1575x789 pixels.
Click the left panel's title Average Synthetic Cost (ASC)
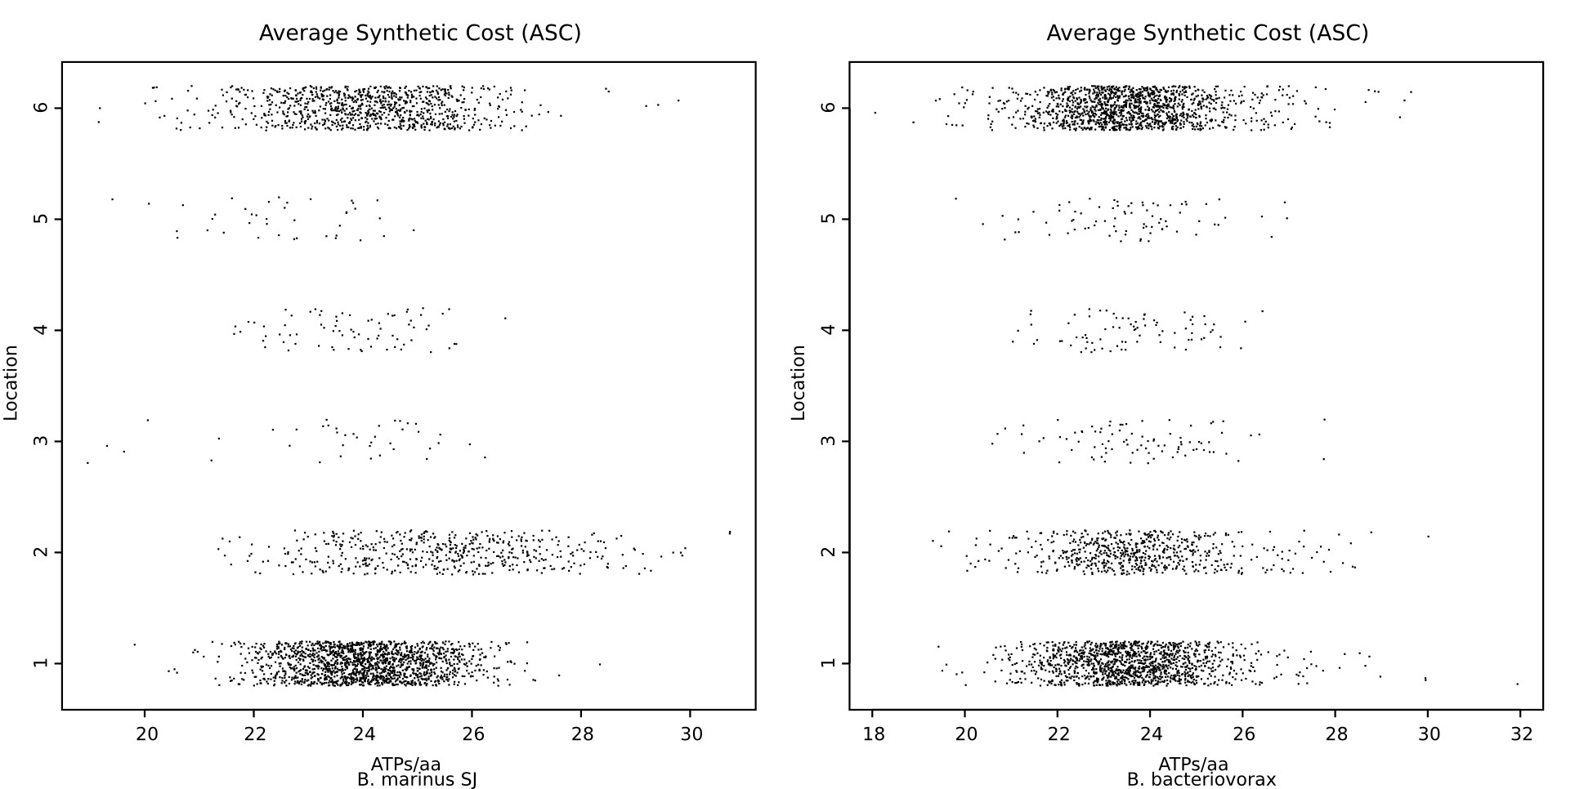point(419,33)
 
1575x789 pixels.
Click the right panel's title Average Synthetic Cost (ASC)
point(1207,33)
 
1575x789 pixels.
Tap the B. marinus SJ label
point(417,779)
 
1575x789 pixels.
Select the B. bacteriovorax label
point(1201,779)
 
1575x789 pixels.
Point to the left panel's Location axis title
point(11,383)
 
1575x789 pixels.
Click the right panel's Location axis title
point(799,383)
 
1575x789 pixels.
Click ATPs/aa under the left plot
point(405,764)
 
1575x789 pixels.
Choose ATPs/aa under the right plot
point(1193,764)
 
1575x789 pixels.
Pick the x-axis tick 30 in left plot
point(691,733)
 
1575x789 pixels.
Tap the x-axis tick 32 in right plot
point(1521,733)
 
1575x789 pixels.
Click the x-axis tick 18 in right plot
point(873,733)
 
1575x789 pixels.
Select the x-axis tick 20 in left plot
point(145,733)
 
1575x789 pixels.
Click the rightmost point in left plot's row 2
point(729,533)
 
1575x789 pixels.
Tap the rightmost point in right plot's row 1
point(1517,684)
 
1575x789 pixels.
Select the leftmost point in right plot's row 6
point(875,113)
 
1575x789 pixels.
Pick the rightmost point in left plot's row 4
point(504,318)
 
